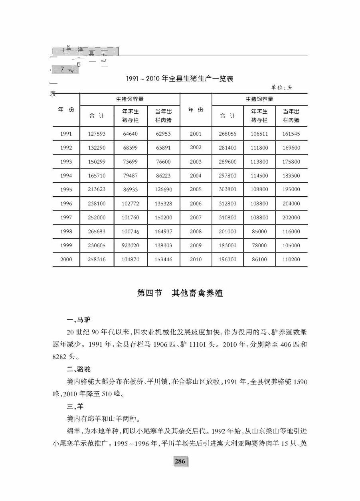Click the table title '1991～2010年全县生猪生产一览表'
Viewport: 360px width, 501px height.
(x=179, y=79)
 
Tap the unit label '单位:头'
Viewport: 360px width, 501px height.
(x=281, y=87)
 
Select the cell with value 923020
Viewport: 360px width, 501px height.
(x=131, y=246)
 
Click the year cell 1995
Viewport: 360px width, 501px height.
(x=66, y=190)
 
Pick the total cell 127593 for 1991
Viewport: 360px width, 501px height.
(x=97, y=134)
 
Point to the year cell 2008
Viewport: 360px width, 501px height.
(x=196, y=231)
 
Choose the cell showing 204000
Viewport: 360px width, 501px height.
(x=291, y=203)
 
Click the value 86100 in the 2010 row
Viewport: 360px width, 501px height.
(x=259, y=259)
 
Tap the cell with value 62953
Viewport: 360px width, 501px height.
(x=163, y=134)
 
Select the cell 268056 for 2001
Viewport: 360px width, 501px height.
(x=227, y=134)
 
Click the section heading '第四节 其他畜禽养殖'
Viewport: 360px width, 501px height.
(x=180, y=293)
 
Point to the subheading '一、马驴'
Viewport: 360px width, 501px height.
(x=79, y=320)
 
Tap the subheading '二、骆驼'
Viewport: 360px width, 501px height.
(x=79, y=369)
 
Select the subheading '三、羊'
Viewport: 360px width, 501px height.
(x=75, y=406)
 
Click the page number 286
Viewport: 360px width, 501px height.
(x=180, y=462)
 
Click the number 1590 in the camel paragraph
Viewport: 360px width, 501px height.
(x=300, y=382)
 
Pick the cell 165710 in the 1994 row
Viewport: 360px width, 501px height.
(x=97, y=176)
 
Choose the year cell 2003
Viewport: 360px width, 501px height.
(x=196, y=162)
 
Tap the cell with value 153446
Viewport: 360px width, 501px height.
(x=163, y=259)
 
